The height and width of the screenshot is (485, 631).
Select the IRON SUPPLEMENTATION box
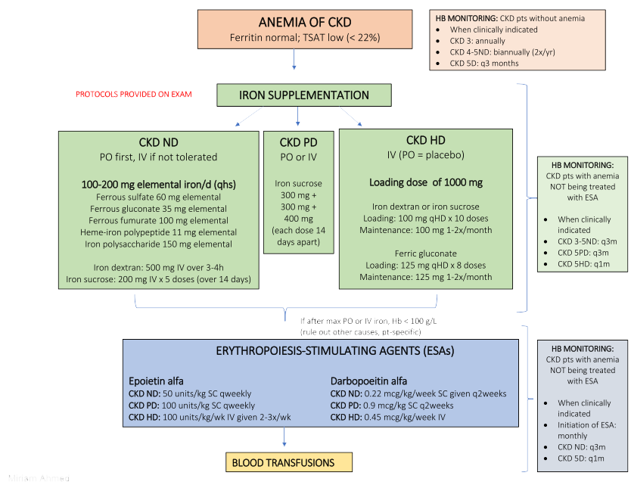point(304,95)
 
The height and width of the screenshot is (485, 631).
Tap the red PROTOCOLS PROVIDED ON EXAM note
point(134,95)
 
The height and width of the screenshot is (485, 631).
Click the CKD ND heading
point(158,141)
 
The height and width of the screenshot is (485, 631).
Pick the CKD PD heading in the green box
point(297,142)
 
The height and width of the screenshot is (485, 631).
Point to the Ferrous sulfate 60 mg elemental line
point(158,197)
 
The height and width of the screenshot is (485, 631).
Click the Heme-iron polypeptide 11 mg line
point(158,232)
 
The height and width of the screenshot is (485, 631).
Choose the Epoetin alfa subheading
point(157,381)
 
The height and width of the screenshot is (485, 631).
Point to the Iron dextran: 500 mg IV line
point(158,267)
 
